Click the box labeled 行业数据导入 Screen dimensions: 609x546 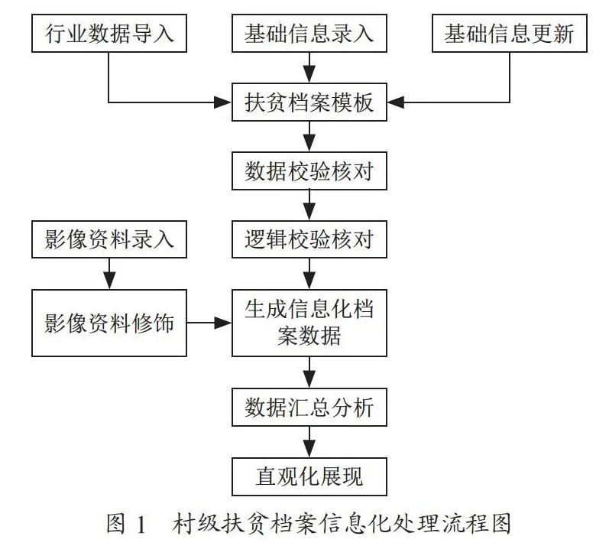109,34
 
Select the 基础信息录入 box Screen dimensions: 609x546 309,34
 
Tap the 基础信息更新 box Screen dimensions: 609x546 510,34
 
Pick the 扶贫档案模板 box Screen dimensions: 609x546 309,102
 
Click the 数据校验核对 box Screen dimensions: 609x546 309,171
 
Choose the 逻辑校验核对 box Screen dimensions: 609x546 309,239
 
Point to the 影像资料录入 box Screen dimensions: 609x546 109,239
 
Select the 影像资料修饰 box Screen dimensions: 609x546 109,323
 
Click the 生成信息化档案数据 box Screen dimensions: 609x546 309,323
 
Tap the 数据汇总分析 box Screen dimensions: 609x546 309,408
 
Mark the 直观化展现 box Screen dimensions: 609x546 309,477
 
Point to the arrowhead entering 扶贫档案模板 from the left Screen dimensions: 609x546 223,102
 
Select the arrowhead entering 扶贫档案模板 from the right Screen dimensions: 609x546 396,102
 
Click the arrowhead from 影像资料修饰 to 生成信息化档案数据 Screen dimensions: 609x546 223,323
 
